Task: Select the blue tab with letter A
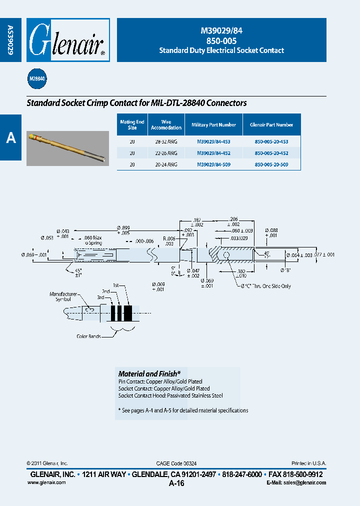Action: (11, 138)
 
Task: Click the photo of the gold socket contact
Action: (67, 148)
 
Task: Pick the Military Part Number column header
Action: (213, 125)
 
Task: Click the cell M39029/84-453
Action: (213, 142)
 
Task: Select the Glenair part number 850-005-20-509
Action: (271, 164)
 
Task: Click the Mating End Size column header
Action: (132, 125)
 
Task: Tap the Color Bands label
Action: (88, 336)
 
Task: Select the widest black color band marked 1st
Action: (128, 313)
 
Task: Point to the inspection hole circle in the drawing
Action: (226, 255)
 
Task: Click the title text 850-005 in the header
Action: (221, 41)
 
